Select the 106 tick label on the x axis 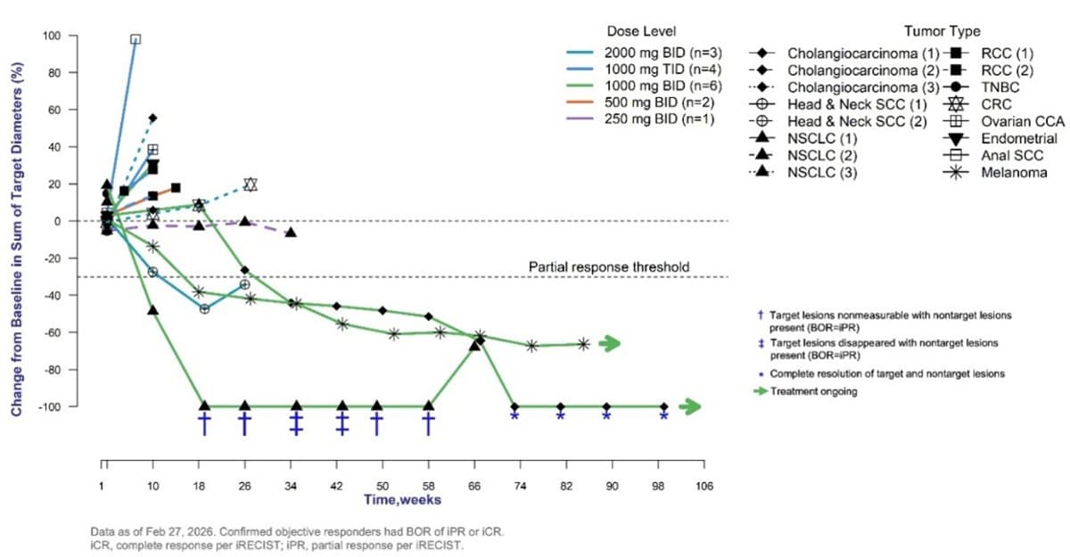[703, 485]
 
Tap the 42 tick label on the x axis [336, 485]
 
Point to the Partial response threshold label [608, 266]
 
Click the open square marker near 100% [136, 39]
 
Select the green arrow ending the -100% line [689, 407]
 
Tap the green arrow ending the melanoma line [609, 343]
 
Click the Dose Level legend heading [635, 31]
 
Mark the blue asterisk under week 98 [663, 416]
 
